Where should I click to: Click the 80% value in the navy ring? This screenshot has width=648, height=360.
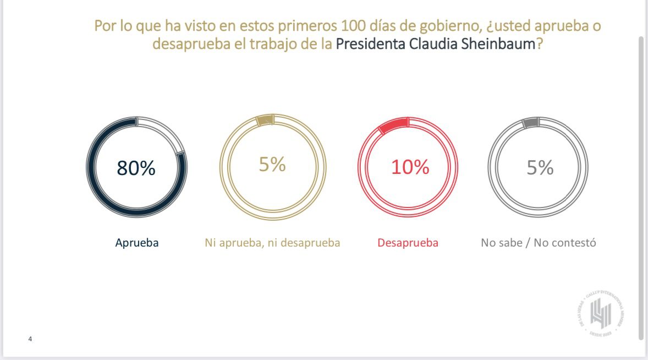[x=136, y=168]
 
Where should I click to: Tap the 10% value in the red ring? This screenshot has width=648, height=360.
[x=410, y=166]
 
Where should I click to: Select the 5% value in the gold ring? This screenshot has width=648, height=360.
[x=272, y=164]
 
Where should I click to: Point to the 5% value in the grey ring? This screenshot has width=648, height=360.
[x=540, y=167]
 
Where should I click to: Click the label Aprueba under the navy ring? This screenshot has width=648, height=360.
[x=137, y=243]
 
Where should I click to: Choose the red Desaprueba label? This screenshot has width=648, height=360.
[x=408, y=243]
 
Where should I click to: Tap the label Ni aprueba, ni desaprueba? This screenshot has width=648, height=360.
[x=272, y=243]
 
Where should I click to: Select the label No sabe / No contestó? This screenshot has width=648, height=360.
[x=539, y=243]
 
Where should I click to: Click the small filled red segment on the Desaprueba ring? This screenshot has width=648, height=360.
[x=394, y=124]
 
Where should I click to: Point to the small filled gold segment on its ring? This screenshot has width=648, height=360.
[x=265, y=120]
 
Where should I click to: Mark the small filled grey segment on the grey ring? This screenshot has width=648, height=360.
[x=531, y=123]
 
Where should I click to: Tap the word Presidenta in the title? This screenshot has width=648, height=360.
[x=370, y=44]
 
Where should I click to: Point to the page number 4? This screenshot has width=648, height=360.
[x=30, y=339]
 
